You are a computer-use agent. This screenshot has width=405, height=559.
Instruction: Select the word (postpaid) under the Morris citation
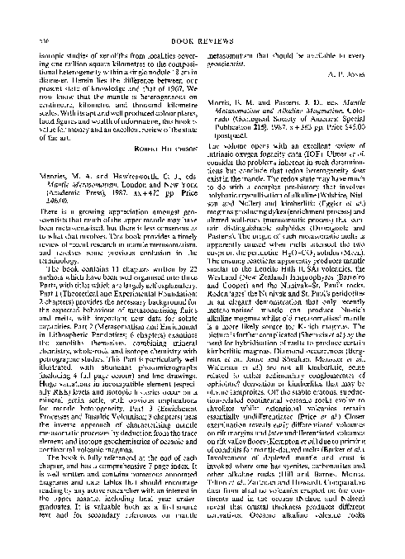pos(246,161)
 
